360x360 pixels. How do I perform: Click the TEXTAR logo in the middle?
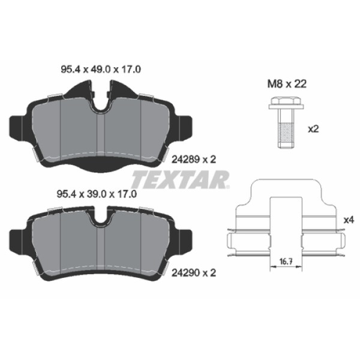tap(180, 178)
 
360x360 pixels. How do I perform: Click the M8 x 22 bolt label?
tap(287, 85)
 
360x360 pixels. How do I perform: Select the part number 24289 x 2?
tap(193, 160)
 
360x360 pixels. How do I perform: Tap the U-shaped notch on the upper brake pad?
tap(101, 103)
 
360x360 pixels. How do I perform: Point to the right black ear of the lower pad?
tap(183, 237)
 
